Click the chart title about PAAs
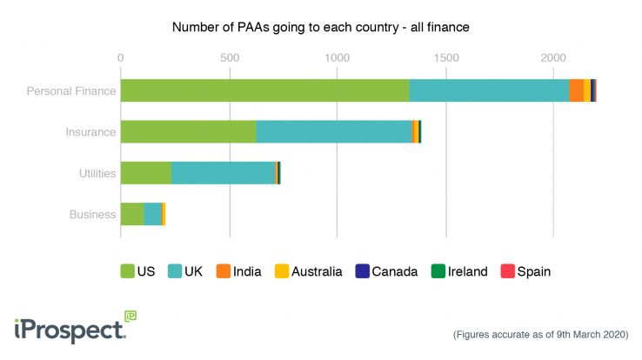coord(320,27)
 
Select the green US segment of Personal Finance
coord(264,90)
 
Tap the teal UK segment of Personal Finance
coord(489,90)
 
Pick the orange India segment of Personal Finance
coord(576,90)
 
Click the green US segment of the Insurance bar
coord(188,131)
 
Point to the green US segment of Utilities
coord(146,172)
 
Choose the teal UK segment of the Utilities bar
coord(223,172)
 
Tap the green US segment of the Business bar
coord(132,214)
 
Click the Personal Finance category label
coord(71,90)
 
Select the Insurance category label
coord(91,132)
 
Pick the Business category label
coord(93,214)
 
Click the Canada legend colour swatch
coord(362,271)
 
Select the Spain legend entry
coord(525,271)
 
